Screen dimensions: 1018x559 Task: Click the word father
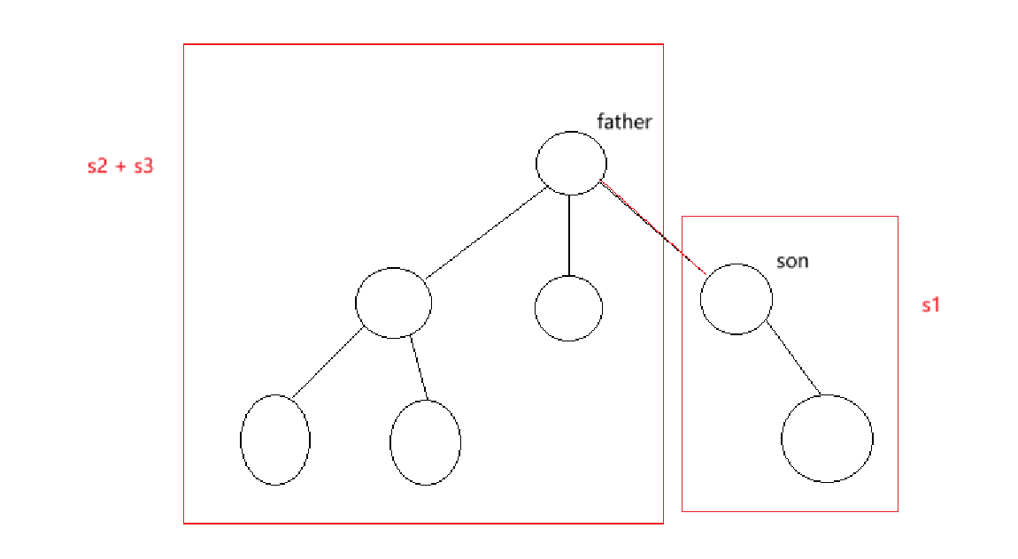(624, 121)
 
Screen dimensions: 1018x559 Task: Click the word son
(792, 261)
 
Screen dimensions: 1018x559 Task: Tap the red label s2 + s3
(120, 165)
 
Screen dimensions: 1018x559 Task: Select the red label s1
(930, 306)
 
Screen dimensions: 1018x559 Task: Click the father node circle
(571, 163)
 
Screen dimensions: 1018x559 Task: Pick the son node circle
(736, 298)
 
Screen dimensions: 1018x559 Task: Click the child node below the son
(827, 438)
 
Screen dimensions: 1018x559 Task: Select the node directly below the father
(568, 308)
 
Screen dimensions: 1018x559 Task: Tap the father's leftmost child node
(393, 302)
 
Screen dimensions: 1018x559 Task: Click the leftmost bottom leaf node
(275, 440)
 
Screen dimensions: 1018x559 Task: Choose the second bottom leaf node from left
(425, 442)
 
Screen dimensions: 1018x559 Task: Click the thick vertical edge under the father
(569, 234)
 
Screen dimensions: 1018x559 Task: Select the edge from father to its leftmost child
(485, 234)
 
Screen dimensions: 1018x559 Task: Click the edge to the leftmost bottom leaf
(327, 362)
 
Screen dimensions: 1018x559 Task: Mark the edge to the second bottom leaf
(420, 368)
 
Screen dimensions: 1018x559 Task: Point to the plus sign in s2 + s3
(120, 166)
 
